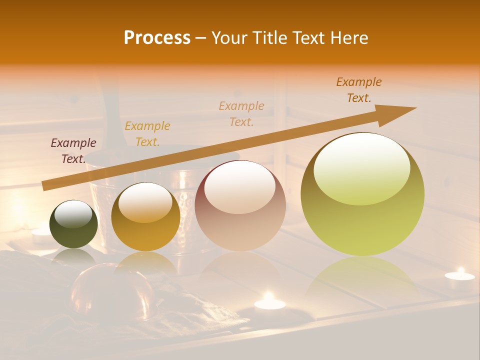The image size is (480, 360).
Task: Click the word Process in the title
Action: coord(157,38)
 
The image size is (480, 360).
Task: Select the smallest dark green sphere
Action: coord(74,224)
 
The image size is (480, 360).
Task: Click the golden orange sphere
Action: coord(145,216)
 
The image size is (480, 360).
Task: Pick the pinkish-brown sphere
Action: coord(240,205)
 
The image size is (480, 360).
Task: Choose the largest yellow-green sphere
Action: coord(362,194)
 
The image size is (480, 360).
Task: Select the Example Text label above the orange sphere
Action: coord(147,134)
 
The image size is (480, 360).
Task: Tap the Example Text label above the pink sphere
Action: coord(241,113)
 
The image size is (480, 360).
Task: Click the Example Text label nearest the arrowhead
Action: coord(359,90)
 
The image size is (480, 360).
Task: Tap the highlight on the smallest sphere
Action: coord(73,214)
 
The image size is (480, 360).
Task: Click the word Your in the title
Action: coord(227,38)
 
